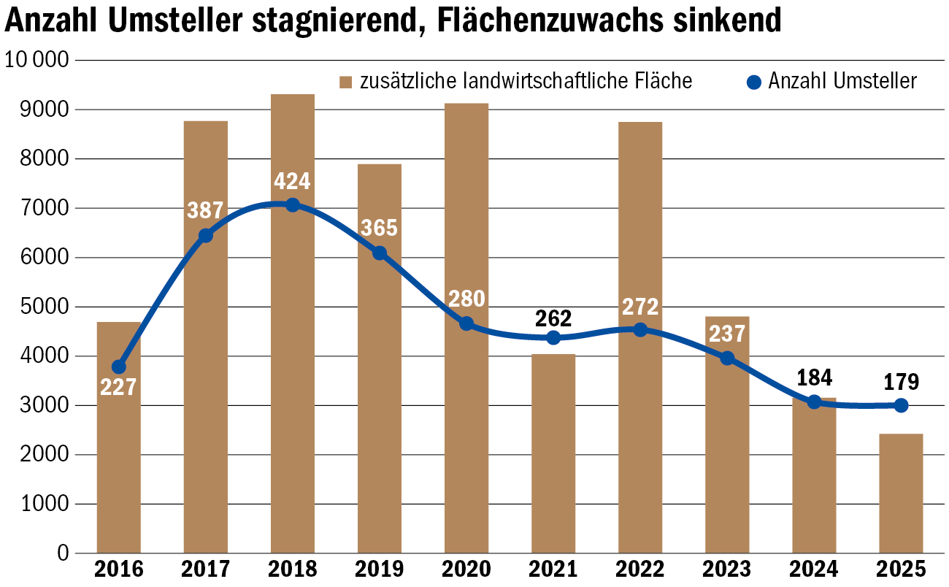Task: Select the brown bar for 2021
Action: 553,453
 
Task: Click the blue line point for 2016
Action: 119,367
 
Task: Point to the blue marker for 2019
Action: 380,253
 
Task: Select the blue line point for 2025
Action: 901,405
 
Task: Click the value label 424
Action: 292,180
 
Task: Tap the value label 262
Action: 553,318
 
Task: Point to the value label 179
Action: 901,382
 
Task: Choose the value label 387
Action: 206,211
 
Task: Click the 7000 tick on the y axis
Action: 36,208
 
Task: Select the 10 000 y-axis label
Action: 36,60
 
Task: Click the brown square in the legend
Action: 346,81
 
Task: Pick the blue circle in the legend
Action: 755,81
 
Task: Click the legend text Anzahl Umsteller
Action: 842,81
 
